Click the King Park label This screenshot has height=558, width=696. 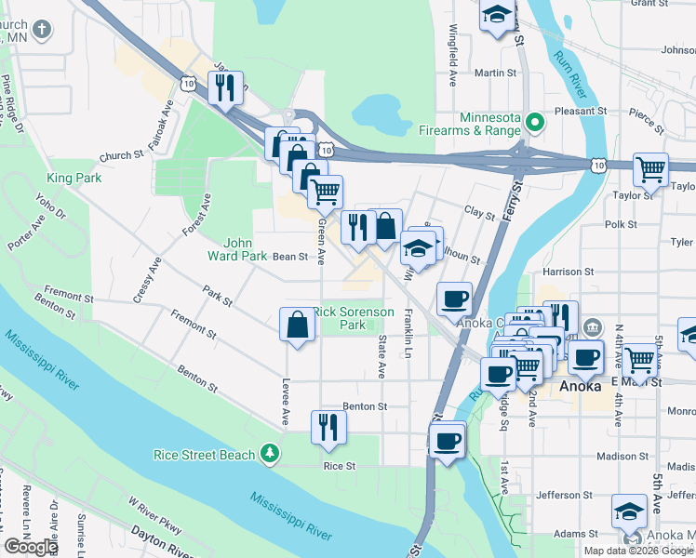pos(73,176)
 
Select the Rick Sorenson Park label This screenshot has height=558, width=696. pos(353,318)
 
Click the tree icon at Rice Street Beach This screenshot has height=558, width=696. pos(270,453)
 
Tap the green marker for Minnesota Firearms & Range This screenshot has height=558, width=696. pos(535,122)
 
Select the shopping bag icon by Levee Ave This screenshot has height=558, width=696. pos(297,325)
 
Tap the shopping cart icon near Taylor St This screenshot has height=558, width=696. pos(650,169)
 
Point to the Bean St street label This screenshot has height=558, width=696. pos(289,257)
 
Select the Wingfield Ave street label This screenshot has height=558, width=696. pos(454,51)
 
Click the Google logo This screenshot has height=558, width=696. pos(31,547)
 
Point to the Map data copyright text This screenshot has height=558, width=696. pos(638,551)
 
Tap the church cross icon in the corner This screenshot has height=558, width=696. pos(41,30)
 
